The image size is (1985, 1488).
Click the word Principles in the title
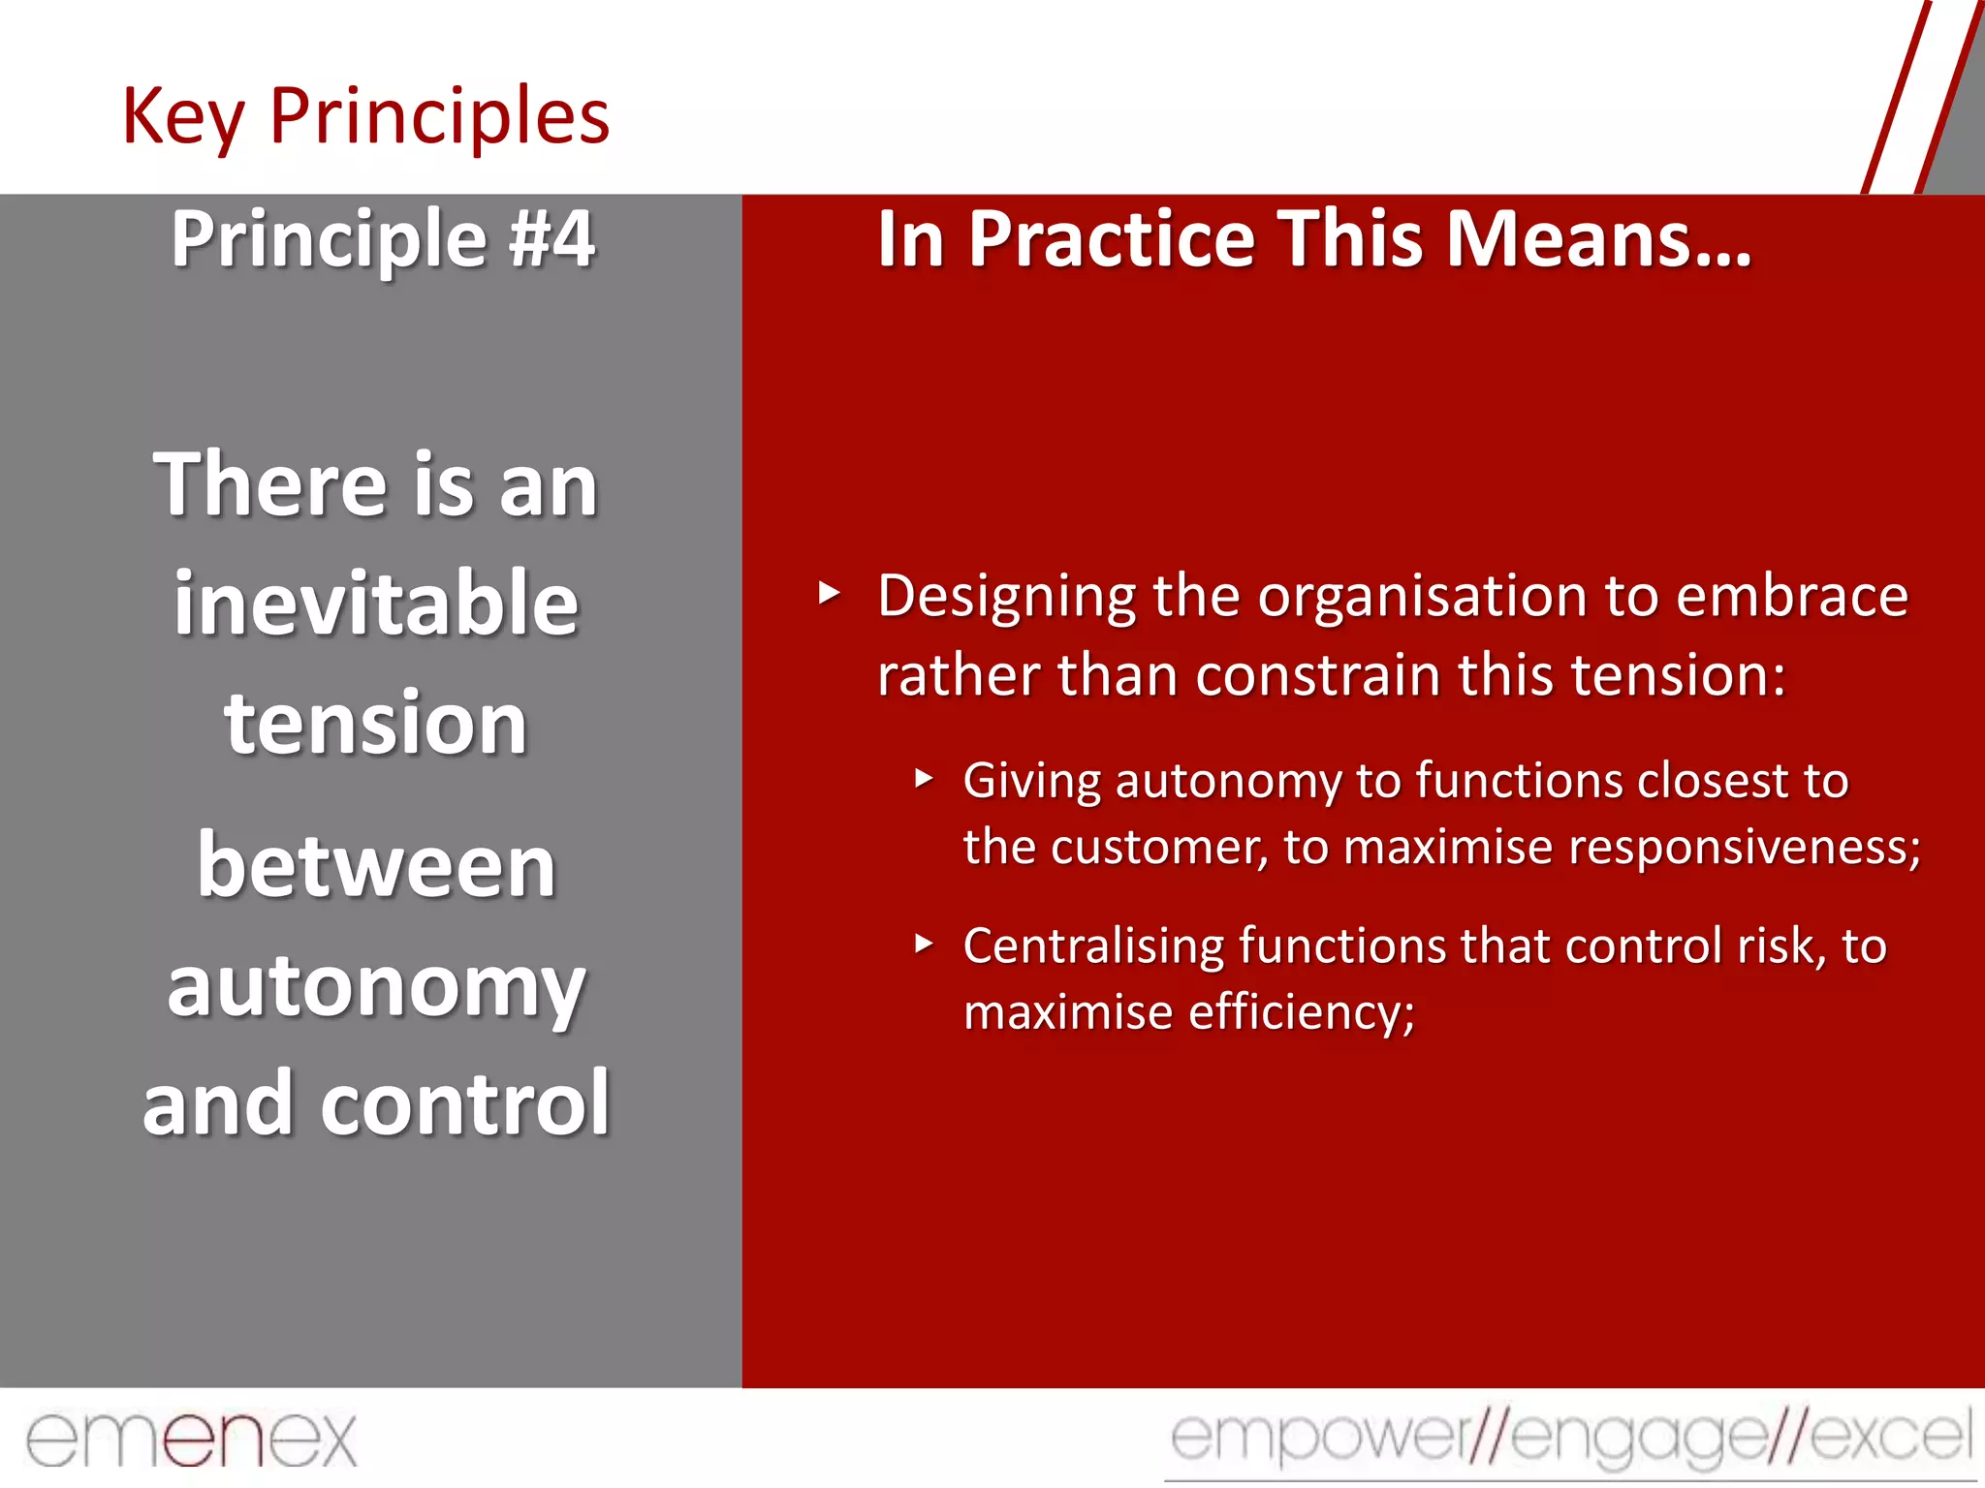[x=439, y=117]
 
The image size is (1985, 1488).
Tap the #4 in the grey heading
[x=552, y=239]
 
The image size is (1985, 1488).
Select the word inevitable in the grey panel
[x=376, y=604]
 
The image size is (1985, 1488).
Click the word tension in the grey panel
[x=376, y=724]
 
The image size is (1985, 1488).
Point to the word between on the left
[x=376, y=865]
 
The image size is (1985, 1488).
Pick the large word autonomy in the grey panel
[x=376, y=988]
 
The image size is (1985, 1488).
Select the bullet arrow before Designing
[x=829, y=593]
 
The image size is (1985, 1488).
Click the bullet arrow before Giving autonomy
[x=924, y=778]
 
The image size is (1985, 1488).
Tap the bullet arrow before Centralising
[x=924, y=944]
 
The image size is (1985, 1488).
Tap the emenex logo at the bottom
[x=191, y=1439]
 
